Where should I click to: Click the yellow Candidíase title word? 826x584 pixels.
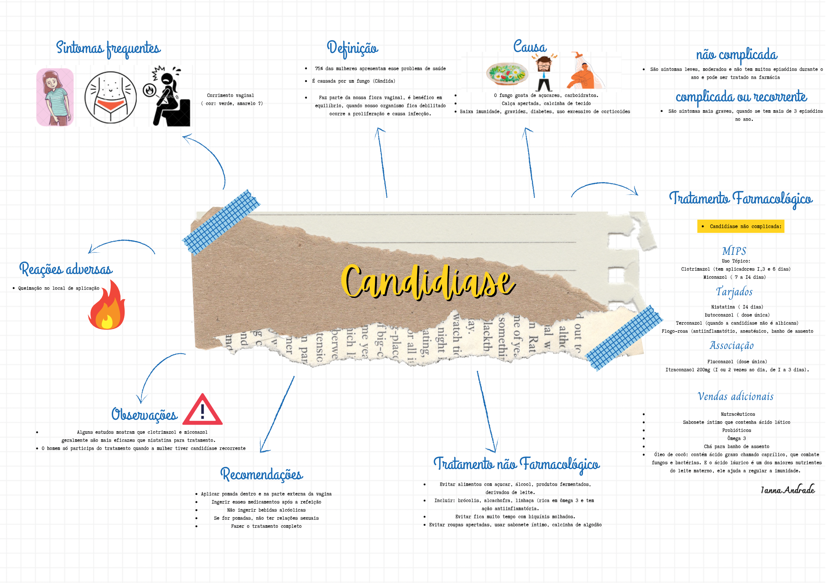428,282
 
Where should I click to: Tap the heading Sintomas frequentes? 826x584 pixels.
108,48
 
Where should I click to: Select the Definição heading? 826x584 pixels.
353,48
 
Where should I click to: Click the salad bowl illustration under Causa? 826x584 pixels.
507,73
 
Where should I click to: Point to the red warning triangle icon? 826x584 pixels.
202,411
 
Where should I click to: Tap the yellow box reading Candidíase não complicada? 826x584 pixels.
741,226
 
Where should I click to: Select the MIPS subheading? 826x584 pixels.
734,251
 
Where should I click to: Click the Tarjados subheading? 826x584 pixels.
734,292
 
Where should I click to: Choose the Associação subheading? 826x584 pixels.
732,346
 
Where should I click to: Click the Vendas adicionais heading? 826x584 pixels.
735,397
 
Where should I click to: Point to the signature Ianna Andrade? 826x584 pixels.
787,490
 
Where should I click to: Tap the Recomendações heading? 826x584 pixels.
262,475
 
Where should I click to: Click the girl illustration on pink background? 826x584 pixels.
55,97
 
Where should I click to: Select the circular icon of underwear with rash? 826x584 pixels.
111,97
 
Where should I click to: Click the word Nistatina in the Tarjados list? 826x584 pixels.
723,307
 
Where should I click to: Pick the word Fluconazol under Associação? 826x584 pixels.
720,362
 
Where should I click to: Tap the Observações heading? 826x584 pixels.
144,415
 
